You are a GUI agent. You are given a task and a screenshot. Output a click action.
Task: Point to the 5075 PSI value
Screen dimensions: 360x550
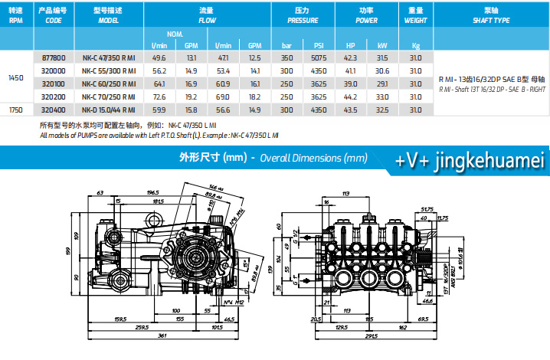coord(319,57)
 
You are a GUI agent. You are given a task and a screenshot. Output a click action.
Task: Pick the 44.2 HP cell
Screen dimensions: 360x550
coord(351,97)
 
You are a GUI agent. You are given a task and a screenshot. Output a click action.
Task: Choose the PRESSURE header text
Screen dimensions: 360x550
coord(302,21)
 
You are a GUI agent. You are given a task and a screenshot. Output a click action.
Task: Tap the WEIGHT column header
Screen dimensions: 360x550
coord(415,21)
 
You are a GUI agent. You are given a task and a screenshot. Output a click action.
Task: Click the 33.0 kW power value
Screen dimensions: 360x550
coord(381,97)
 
